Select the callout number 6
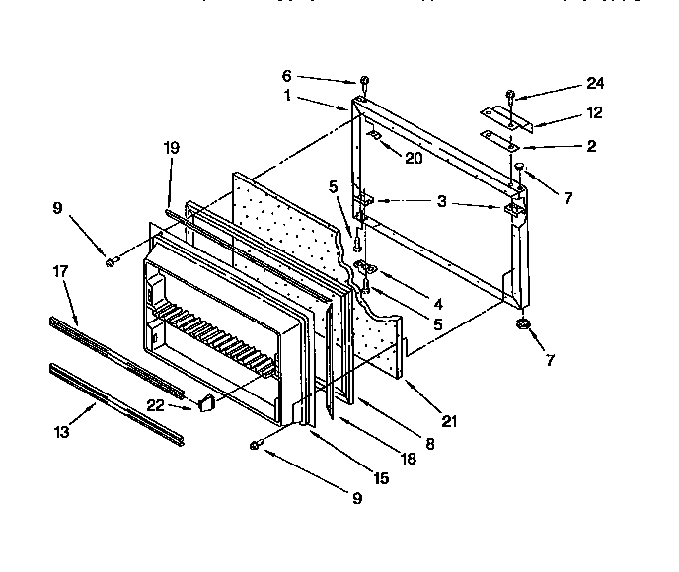click(x=288, y=74)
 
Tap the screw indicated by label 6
click(x=364, y=81)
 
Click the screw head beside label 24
click(x=510, y=96)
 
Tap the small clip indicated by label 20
click(x=376, y=134)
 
